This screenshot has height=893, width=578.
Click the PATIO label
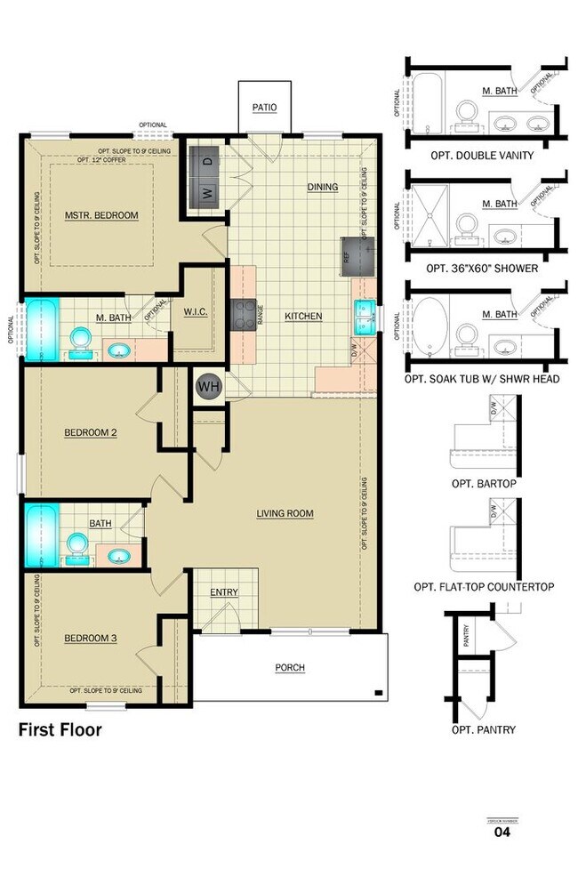[x=264, y=108]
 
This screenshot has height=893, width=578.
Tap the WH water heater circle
[x=209, y=387]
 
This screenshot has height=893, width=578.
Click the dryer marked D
[x=206, y=162]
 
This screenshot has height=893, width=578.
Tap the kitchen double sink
[x=365, y=315]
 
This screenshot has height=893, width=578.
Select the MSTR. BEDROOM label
[x=101, y=215]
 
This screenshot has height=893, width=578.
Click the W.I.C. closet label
[x=196, y=311]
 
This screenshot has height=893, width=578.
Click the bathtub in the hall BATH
[x=40, y=535]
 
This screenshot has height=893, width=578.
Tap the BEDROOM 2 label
[x=91, y=433]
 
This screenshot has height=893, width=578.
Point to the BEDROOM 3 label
[x=91, y=638]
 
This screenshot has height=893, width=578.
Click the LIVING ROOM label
[x=285, y=513]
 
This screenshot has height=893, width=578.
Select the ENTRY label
[x=223, y=592]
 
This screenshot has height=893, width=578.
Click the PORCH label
[x=290, y=668]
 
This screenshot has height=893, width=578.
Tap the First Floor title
[x=60, y=730]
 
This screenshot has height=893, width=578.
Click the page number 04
[x=502, y=833]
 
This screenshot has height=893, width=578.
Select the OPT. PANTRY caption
[x=484, y=730]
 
